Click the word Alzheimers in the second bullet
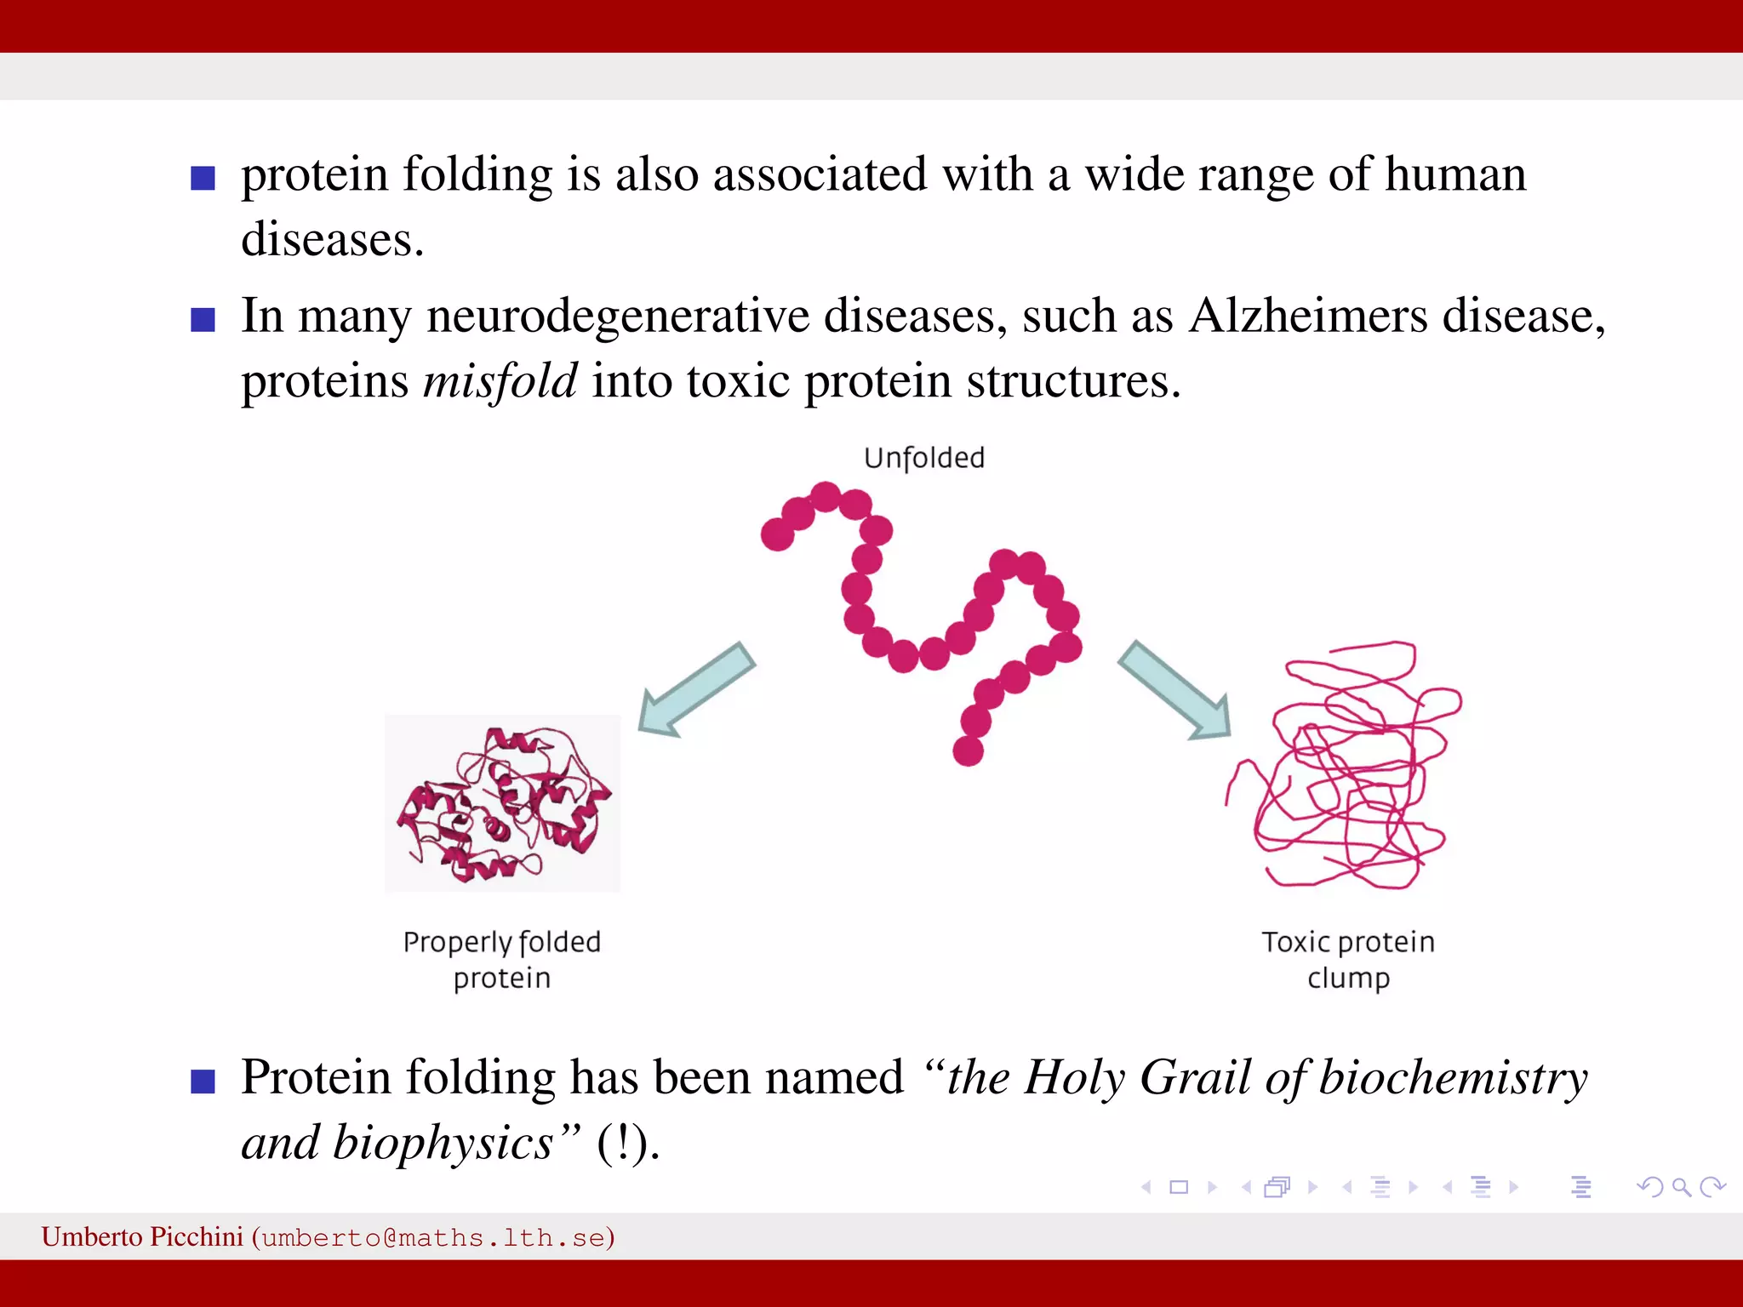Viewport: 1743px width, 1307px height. pos(1308,316)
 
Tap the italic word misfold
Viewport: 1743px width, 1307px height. pos(500,380)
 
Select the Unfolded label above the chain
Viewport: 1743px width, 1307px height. pos(924,458)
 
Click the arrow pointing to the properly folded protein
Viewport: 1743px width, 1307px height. pos(694,690)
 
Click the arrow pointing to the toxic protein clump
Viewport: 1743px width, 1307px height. pos(1175,690)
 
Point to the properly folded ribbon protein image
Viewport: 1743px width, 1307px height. pos(503,804)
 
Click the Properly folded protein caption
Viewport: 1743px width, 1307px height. pos(502,960)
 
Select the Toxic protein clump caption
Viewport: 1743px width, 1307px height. pos(1348,960)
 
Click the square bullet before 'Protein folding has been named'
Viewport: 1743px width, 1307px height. pos(203,1082)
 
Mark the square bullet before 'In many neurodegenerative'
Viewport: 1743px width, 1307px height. pos(203,320)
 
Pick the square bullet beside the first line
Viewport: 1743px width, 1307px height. pos(203,179)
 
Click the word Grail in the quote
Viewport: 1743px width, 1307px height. pos(1195,1077)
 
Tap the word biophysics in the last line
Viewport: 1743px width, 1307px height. pos(443,1143)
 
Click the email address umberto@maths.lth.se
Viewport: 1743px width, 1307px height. pos(433,1237)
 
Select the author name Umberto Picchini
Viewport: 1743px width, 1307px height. pos(142,1236)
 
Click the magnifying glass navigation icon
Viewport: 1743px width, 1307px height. pos(1681,1187)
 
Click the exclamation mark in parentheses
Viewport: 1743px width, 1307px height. pos(626,1143)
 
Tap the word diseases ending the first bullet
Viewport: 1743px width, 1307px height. pos(328,239)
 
